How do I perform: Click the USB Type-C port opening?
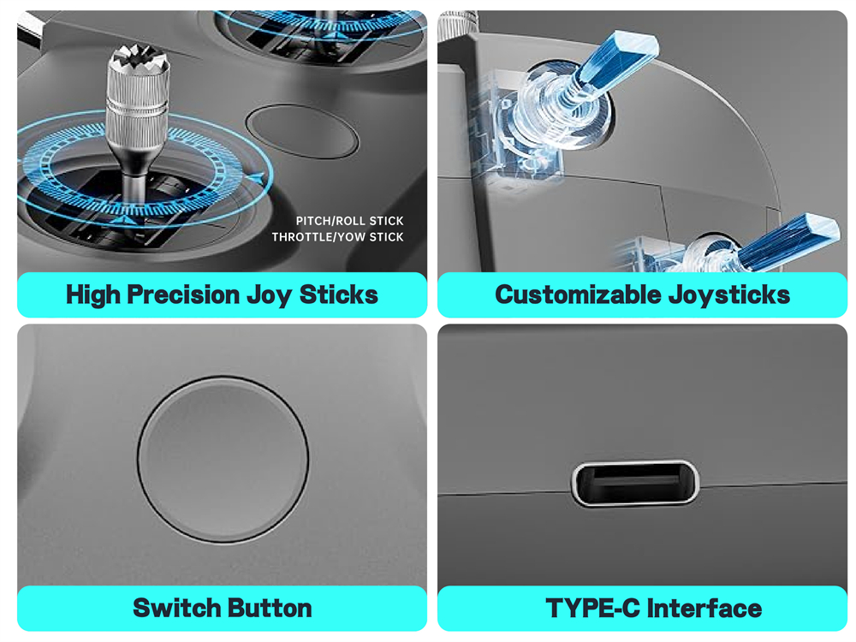(635, 483)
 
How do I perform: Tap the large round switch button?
(223, 460)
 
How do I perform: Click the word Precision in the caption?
(183, 295)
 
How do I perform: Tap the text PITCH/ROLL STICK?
(349, 221)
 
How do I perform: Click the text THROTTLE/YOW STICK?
(338, 237)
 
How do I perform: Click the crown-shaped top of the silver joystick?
(139, 56)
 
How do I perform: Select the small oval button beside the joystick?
(302, 131)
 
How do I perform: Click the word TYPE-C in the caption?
(591, 608)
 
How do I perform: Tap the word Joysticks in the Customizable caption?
(729, 295)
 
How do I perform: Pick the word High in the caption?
(92, 295)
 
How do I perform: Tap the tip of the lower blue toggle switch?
(821, 227)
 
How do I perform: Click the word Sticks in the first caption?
(338, 294)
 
